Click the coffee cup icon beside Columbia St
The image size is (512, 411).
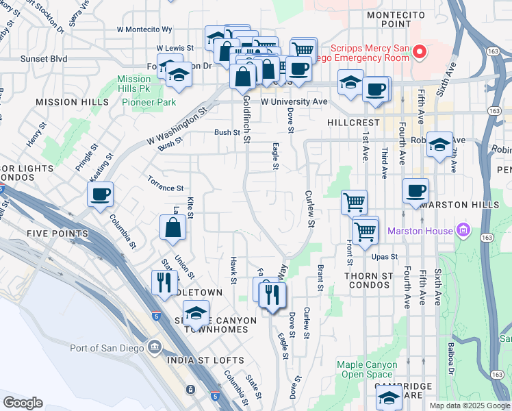pyautogui.click(x=101, y=194)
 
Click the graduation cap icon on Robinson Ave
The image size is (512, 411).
pyautogui.click(x=440, y=144)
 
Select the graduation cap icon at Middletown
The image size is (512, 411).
pyautogui.click(x=196, y=313)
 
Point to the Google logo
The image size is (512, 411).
pyautogui.click(x=23, y=402)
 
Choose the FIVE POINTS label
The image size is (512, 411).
pyautogui.click(x=57, y=234)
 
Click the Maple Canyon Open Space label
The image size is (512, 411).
pyautogui.click(x=368, y=369)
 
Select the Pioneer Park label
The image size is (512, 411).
pyautogui.click(x=149, y=102)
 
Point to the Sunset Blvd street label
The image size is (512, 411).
pyautogui.click(x=44, y=59)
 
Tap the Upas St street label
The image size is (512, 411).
pyautogui.click(x=385, y=256)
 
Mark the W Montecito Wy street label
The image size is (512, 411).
pyautogui.click(x=144, y=30)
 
